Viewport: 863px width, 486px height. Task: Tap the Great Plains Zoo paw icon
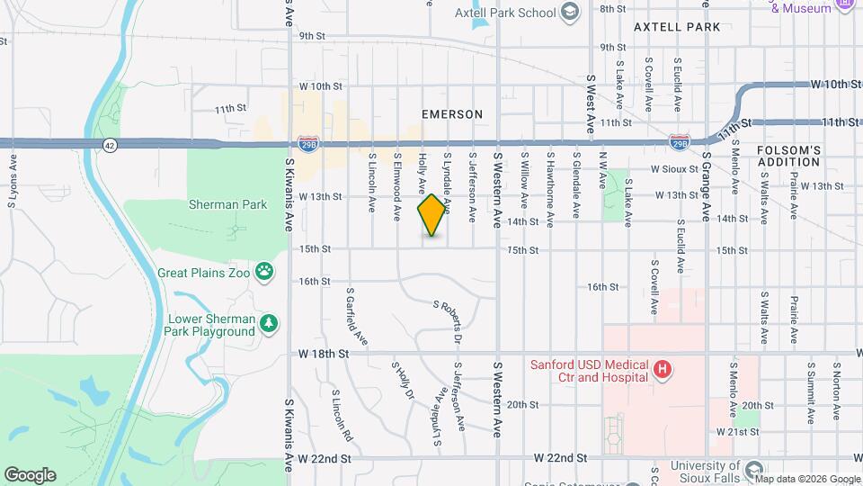tap(264, 270)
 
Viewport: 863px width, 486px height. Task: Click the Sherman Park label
tap(227, 204)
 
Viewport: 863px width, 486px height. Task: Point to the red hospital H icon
tap(663, 369)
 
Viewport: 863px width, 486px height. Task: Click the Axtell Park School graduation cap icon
tap(569, 12)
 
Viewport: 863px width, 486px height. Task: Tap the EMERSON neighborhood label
tap(452, 114)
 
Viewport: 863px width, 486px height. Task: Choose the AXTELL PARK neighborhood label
tap(677, 27)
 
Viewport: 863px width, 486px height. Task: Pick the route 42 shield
tap(109, 144)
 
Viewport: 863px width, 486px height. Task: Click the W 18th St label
tap(324, 355)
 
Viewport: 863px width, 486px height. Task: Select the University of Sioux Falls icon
tap(753, 467)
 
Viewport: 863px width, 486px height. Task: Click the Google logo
tap(30, 475)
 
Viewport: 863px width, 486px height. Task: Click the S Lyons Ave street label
tap(13, 180)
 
